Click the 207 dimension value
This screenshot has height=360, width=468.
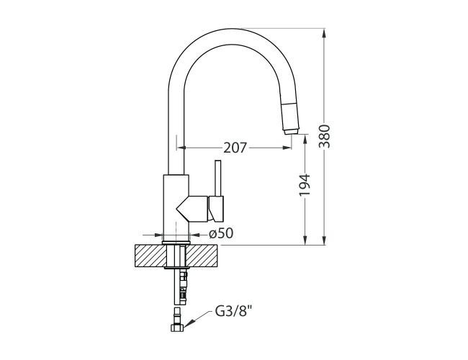tap(235, 148)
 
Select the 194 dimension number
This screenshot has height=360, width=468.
tap(305, 185)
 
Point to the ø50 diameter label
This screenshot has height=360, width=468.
tap(220, 233)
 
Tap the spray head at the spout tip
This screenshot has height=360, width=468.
tap(289, 118)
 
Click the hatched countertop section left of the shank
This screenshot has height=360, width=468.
tap(149, 256)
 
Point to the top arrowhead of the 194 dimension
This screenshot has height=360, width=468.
tap(306, 139)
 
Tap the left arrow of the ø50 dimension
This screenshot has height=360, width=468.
tap(161, 234)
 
